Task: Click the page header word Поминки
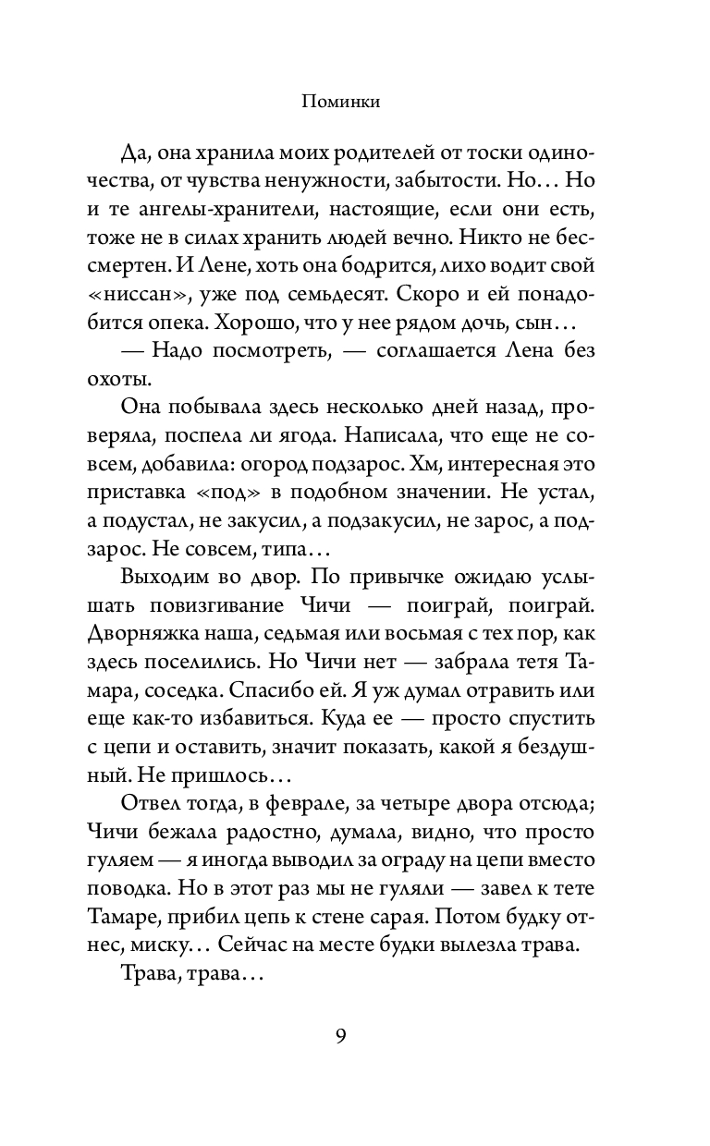(x=341, y=104)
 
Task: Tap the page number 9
(x=341, y=1035)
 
